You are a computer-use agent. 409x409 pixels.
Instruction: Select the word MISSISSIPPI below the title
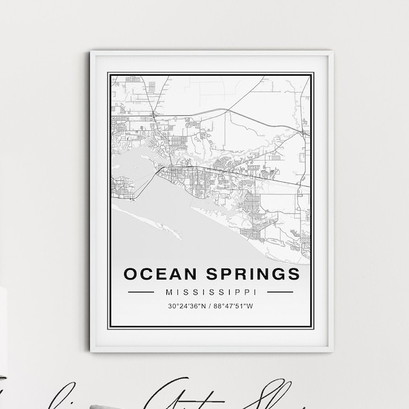211,292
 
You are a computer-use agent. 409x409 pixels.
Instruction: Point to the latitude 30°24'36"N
187,307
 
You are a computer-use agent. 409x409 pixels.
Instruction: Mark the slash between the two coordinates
211,307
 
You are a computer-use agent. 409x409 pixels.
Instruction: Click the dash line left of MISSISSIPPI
142,292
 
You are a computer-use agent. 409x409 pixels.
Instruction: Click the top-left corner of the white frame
91,51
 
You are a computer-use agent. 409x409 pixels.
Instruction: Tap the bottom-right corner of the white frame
333,350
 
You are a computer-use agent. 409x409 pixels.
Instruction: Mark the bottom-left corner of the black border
111,329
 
